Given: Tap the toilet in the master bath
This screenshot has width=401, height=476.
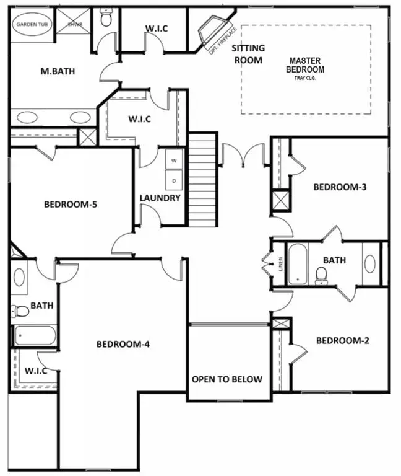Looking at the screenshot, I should (x=106, y=19).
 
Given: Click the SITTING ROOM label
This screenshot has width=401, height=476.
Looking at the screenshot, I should (x=248, y=54).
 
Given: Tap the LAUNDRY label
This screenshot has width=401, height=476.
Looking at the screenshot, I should (x=160, y=198).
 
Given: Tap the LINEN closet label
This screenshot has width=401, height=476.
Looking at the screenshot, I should (x=280, y=263).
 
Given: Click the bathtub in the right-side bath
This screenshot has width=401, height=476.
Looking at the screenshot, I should (x=298, y=264).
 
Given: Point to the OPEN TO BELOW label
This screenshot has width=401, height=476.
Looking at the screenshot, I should (x=226, y=379).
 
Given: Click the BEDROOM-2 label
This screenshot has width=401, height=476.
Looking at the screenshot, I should (x=342, y=340).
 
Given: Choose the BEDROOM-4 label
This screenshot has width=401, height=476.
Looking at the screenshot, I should (x=122, y=344).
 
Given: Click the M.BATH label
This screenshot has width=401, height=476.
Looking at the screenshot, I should (x=58, y=71).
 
